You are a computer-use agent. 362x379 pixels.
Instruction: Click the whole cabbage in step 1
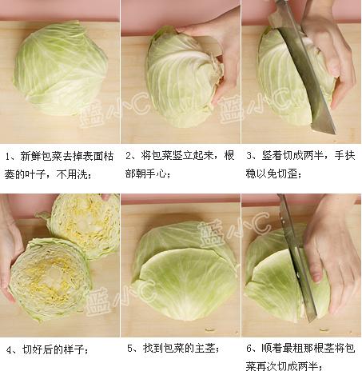(61, 70)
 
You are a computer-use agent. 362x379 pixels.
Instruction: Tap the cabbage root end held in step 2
(217, 66)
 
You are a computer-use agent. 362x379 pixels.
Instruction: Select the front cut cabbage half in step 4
(50, 280)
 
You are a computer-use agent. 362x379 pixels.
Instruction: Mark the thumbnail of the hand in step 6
(316, 277)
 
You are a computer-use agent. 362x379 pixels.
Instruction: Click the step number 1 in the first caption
(8, 157)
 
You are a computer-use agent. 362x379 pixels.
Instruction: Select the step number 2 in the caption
(129, 156)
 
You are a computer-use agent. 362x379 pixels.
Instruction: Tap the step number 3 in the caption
(249, 156)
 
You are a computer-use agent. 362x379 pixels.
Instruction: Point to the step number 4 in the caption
(10, 350)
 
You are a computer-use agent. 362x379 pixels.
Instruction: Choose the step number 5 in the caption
(130, 349)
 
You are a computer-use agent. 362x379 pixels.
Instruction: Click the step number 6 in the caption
(249, 349)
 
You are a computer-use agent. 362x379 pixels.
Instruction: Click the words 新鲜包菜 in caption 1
(42, 157)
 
